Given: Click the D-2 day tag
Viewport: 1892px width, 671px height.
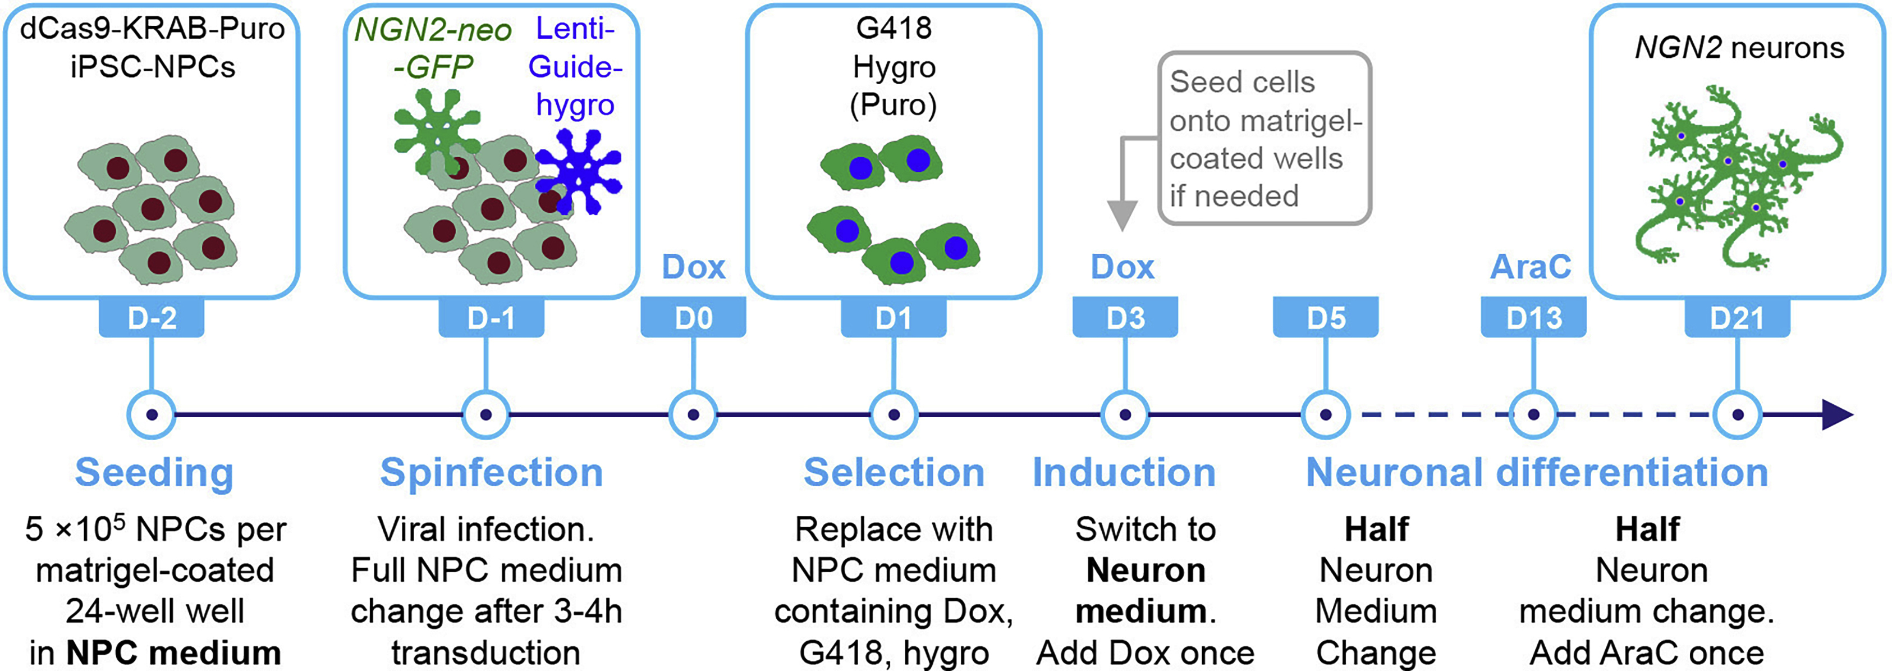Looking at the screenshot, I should [x=152, y=317].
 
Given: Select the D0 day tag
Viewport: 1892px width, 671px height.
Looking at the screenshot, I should [x=693, y=317].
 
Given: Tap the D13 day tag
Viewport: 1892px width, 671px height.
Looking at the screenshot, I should [x=1533, y=317].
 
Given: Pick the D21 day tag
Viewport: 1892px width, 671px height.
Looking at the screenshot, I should [x=1737, y=317].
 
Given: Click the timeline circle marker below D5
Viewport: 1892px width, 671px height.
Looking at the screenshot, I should [x=1325, y=414].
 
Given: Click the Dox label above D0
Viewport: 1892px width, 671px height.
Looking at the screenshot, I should [x=693, y=267].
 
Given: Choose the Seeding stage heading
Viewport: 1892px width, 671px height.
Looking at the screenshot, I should [x=154, y=473].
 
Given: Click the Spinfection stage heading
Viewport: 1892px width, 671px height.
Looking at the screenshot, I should [x=491, y=473].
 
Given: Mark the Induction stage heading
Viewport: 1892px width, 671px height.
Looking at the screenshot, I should [x=1124, y=473].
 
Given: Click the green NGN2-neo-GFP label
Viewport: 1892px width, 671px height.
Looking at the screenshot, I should [x=433, y=48].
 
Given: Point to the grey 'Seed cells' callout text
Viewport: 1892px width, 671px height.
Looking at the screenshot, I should [x=1263, y=138].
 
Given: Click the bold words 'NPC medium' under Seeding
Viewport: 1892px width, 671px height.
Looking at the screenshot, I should [x=173, y=652].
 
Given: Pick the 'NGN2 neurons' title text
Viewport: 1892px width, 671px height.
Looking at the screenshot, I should [x=1738, y=48].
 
